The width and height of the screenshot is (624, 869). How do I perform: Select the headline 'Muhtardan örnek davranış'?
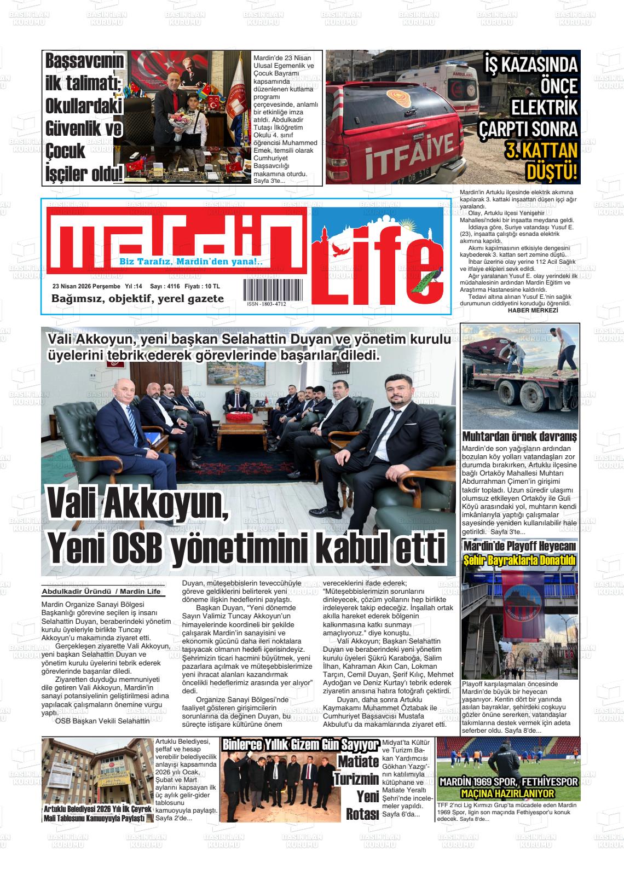click(519, 437)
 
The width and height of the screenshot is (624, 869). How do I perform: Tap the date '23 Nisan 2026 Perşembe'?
click(86, 286)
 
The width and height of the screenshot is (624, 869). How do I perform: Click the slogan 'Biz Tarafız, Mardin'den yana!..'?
click(191, 262)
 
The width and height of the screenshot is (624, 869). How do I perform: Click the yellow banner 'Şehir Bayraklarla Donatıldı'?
click(519, 561)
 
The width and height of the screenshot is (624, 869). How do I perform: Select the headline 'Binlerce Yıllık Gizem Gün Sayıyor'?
click(300, 744)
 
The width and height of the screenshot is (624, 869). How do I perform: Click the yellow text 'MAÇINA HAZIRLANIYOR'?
click(508, 793)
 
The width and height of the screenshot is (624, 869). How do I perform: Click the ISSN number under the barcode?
click(266, 304)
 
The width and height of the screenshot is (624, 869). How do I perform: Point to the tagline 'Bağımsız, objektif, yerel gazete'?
click(137, 299)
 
